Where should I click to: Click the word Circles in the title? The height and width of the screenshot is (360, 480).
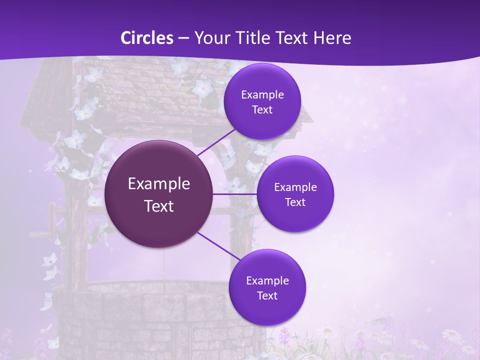click(x=147, y=38)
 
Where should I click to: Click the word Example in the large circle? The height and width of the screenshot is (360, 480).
click(x=159, y=183)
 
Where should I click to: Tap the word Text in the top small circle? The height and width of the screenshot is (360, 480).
click(x=262, y=110)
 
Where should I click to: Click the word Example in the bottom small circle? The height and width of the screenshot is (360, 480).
click(x=267, y=280)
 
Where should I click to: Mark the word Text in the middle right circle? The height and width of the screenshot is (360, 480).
click(x=295, y=202)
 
